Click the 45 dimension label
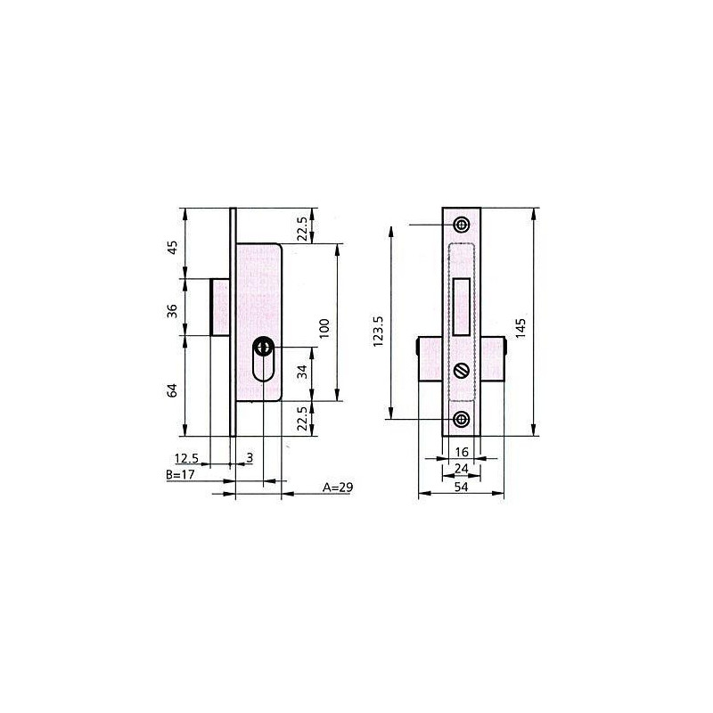(173, 248)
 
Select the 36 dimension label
(172, 311)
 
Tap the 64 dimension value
(172, 390)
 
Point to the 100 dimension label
(324, 328)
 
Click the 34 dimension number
(302, 372)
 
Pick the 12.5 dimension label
(187, 458)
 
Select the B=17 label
(181, 475)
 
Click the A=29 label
(338, 488)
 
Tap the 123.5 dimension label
(379, 332)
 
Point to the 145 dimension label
(521, 328)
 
